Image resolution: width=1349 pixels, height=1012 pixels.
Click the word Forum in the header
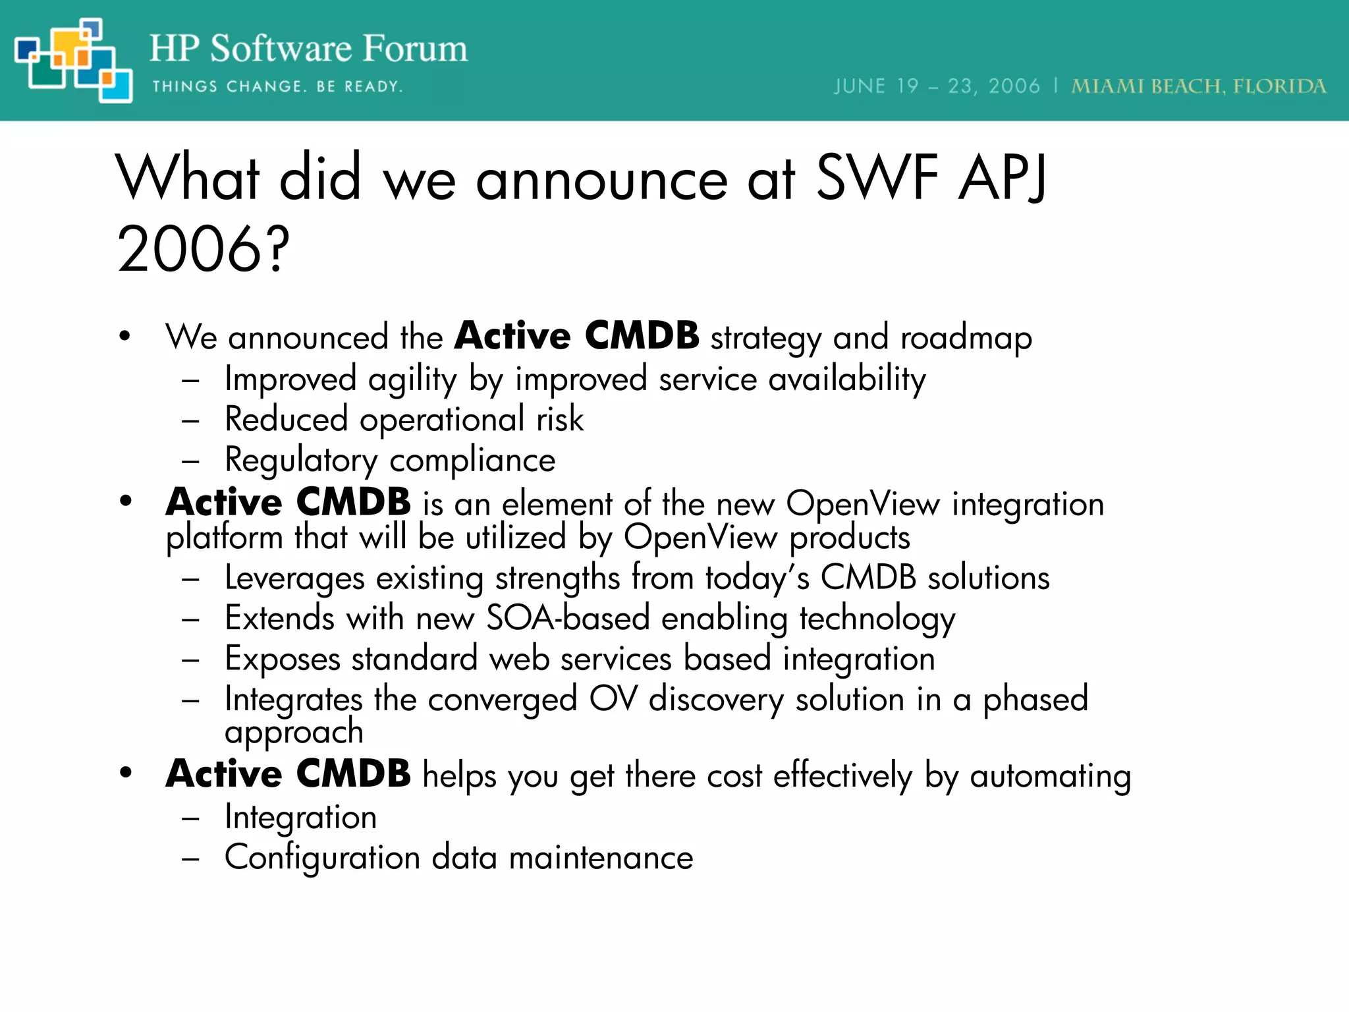[415, 49]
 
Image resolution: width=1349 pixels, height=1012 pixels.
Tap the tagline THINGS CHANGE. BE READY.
[277, 87]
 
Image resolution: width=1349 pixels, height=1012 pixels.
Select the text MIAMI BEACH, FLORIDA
[1198, 87]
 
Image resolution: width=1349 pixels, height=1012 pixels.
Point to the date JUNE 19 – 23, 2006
[937, 87]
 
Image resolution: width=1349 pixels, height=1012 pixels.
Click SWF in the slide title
[877, 178]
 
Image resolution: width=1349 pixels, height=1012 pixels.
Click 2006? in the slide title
[204, 249]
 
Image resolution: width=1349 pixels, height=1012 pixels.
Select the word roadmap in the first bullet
[966, 338]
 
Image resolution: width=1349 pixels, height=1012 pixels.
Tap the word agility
[412, 380]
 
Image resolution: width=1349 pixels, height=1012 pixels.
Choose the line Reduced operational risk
[404, 420]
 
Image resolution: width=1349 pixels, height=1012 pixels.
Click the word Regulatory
[301, 461]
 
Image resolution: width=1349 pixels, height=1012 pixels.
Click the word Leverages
[294, 578]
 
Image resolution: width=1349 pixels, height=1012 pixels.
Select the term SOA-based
[568, 619]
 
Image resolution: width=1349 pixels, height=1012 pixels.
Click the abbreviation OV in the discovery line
[613, 700]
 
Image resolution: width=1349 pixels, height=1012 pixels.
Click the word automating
[1050, 776]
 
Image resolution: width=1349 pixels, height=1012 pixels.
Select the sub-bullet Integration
[300, 818]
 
